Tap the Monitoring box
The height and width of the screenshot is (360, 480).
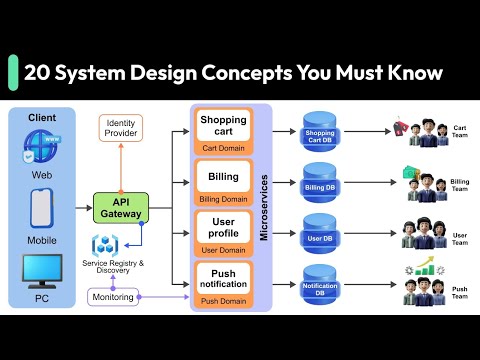click(x=112, y=297)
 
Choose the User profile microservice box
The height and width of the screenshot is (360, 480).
click(x=223, y=231)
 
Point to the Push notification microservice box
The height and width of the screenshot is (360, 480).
click(x=223, y=281)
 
